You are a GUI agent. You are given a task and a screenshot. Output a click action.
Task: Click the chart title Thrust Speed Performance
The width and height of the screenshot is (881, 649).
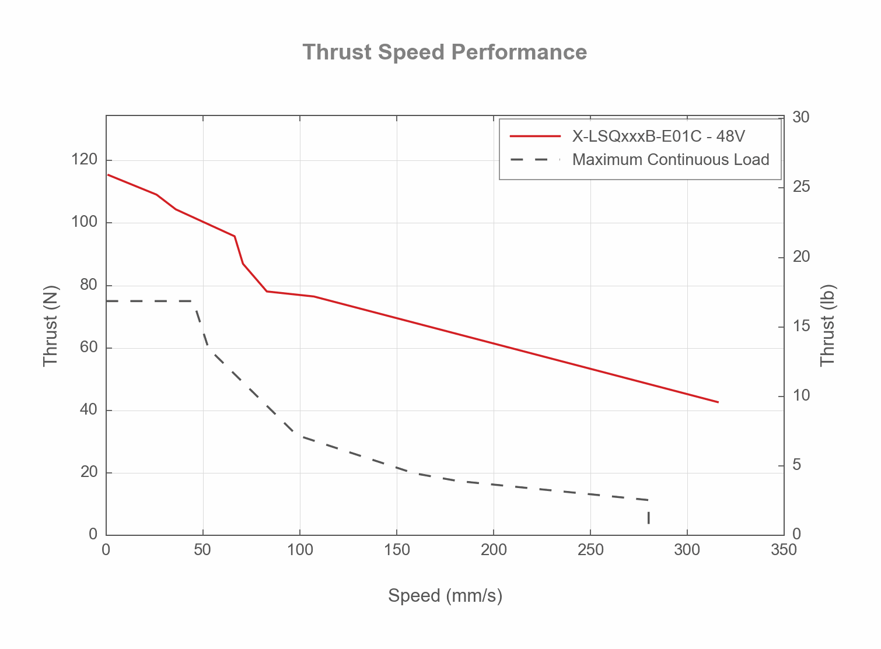point(445,52)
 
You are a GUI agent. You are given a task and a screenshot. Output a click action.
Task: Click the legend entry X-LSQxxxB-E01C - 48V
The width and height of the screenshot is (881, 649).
point(658,136)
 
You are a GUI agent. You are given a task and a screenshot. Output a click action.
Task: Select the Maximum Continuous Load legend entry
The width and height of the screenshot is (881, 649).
point(670,160)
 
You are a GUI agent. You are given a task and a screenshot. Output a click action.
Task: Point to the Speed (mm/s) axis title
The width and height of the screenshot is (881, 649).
point(445,596)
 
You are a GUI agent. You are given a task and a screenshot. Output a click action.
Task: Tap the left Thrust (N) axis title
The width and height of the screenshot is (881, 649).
point(51,325)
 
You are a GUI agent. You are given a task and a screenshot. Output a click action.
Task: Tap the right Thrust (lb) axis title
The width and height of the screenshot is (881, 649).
point(828,325)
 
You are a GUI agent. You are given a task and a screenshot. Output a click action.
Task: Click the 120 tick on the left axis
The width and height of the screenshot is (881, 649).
point(85,160)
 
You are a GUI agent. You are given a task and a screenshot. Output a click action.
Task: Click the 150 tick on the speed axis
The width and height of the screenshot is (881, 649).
point(397,550)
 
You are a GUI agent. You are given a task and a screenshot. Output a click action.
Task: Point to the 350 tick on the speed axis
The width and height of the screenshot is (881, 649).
point(784,550)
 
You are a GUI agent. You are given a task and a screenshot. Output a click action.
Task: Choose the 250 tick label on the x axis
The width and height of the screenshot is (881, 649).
point(590,550)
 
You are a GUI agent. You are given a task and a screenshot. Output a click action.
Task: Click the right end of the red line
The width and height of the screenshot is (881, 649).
point(718,402)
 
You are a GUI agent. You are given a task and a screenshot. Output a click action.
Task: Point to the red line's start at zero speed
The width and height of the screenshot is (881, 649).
point(108,175)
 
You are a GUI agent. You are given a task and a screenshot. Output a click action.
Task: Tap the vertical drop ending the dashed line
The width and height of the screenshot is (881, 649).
point(648,517)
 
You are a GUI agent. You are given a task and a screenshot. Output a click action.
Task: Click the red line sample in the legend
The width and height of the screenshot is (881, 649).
point(535,136)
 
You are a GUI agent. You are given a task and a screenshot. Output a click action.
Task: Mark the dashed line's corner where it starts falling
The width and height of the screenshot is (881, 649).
point(194,301)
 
